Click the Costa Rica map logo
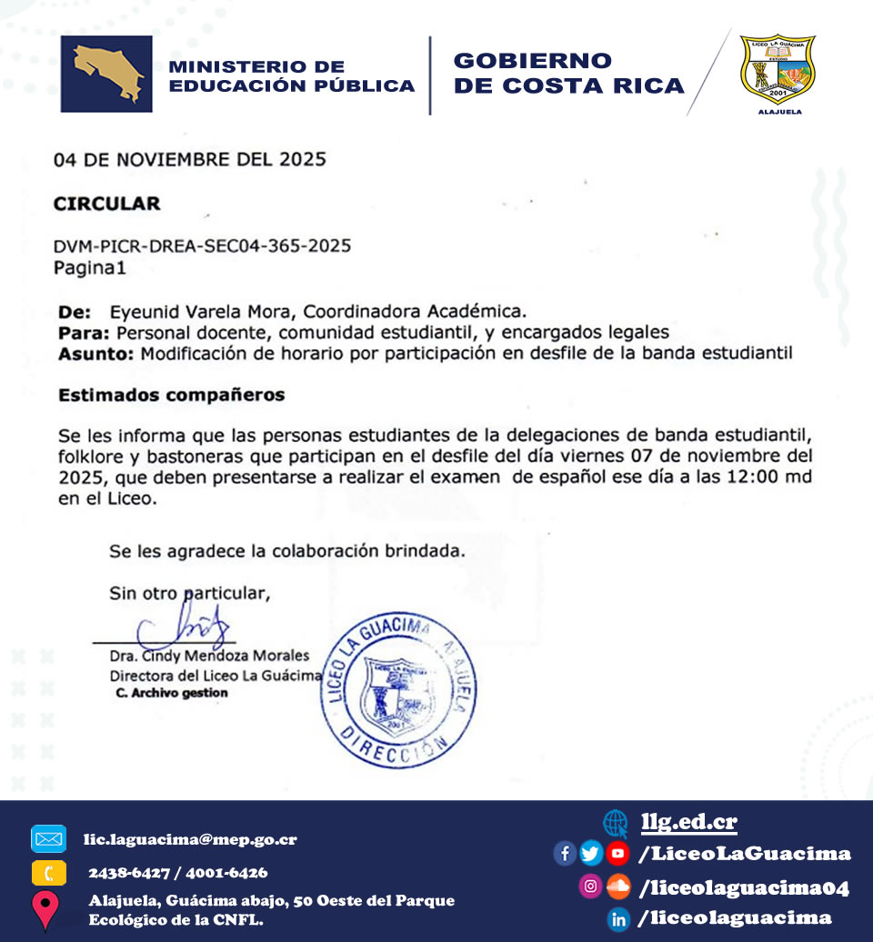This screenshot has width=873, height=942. click(106, 75)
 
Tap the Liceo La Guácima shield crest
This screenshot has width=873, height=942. click(777, 71)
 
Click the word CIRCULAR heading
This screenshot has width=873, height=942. click(107, 204)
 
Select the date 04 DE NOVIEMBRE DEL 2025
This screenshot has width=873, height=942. click(189, 160)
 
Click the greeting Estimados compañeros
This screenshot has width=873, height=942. click(171, 395)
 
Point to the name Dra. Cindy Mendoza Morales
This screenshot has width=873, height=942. click(209, 656)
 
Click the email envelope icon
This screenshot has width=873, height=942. click(48, 838)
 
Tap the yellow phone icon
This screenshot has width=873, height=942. click(48, 873)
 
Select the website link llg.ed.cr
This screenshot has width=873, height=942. click(688, 822)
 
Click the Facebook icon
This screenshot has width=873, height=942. click(565, 853)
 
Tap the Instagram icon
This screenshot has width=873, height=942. click(591, 886)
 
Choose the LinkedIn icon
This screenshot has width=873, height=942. click(619, 918)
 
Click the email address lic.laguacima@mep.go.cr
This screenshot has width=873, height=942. click(190, 839)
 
